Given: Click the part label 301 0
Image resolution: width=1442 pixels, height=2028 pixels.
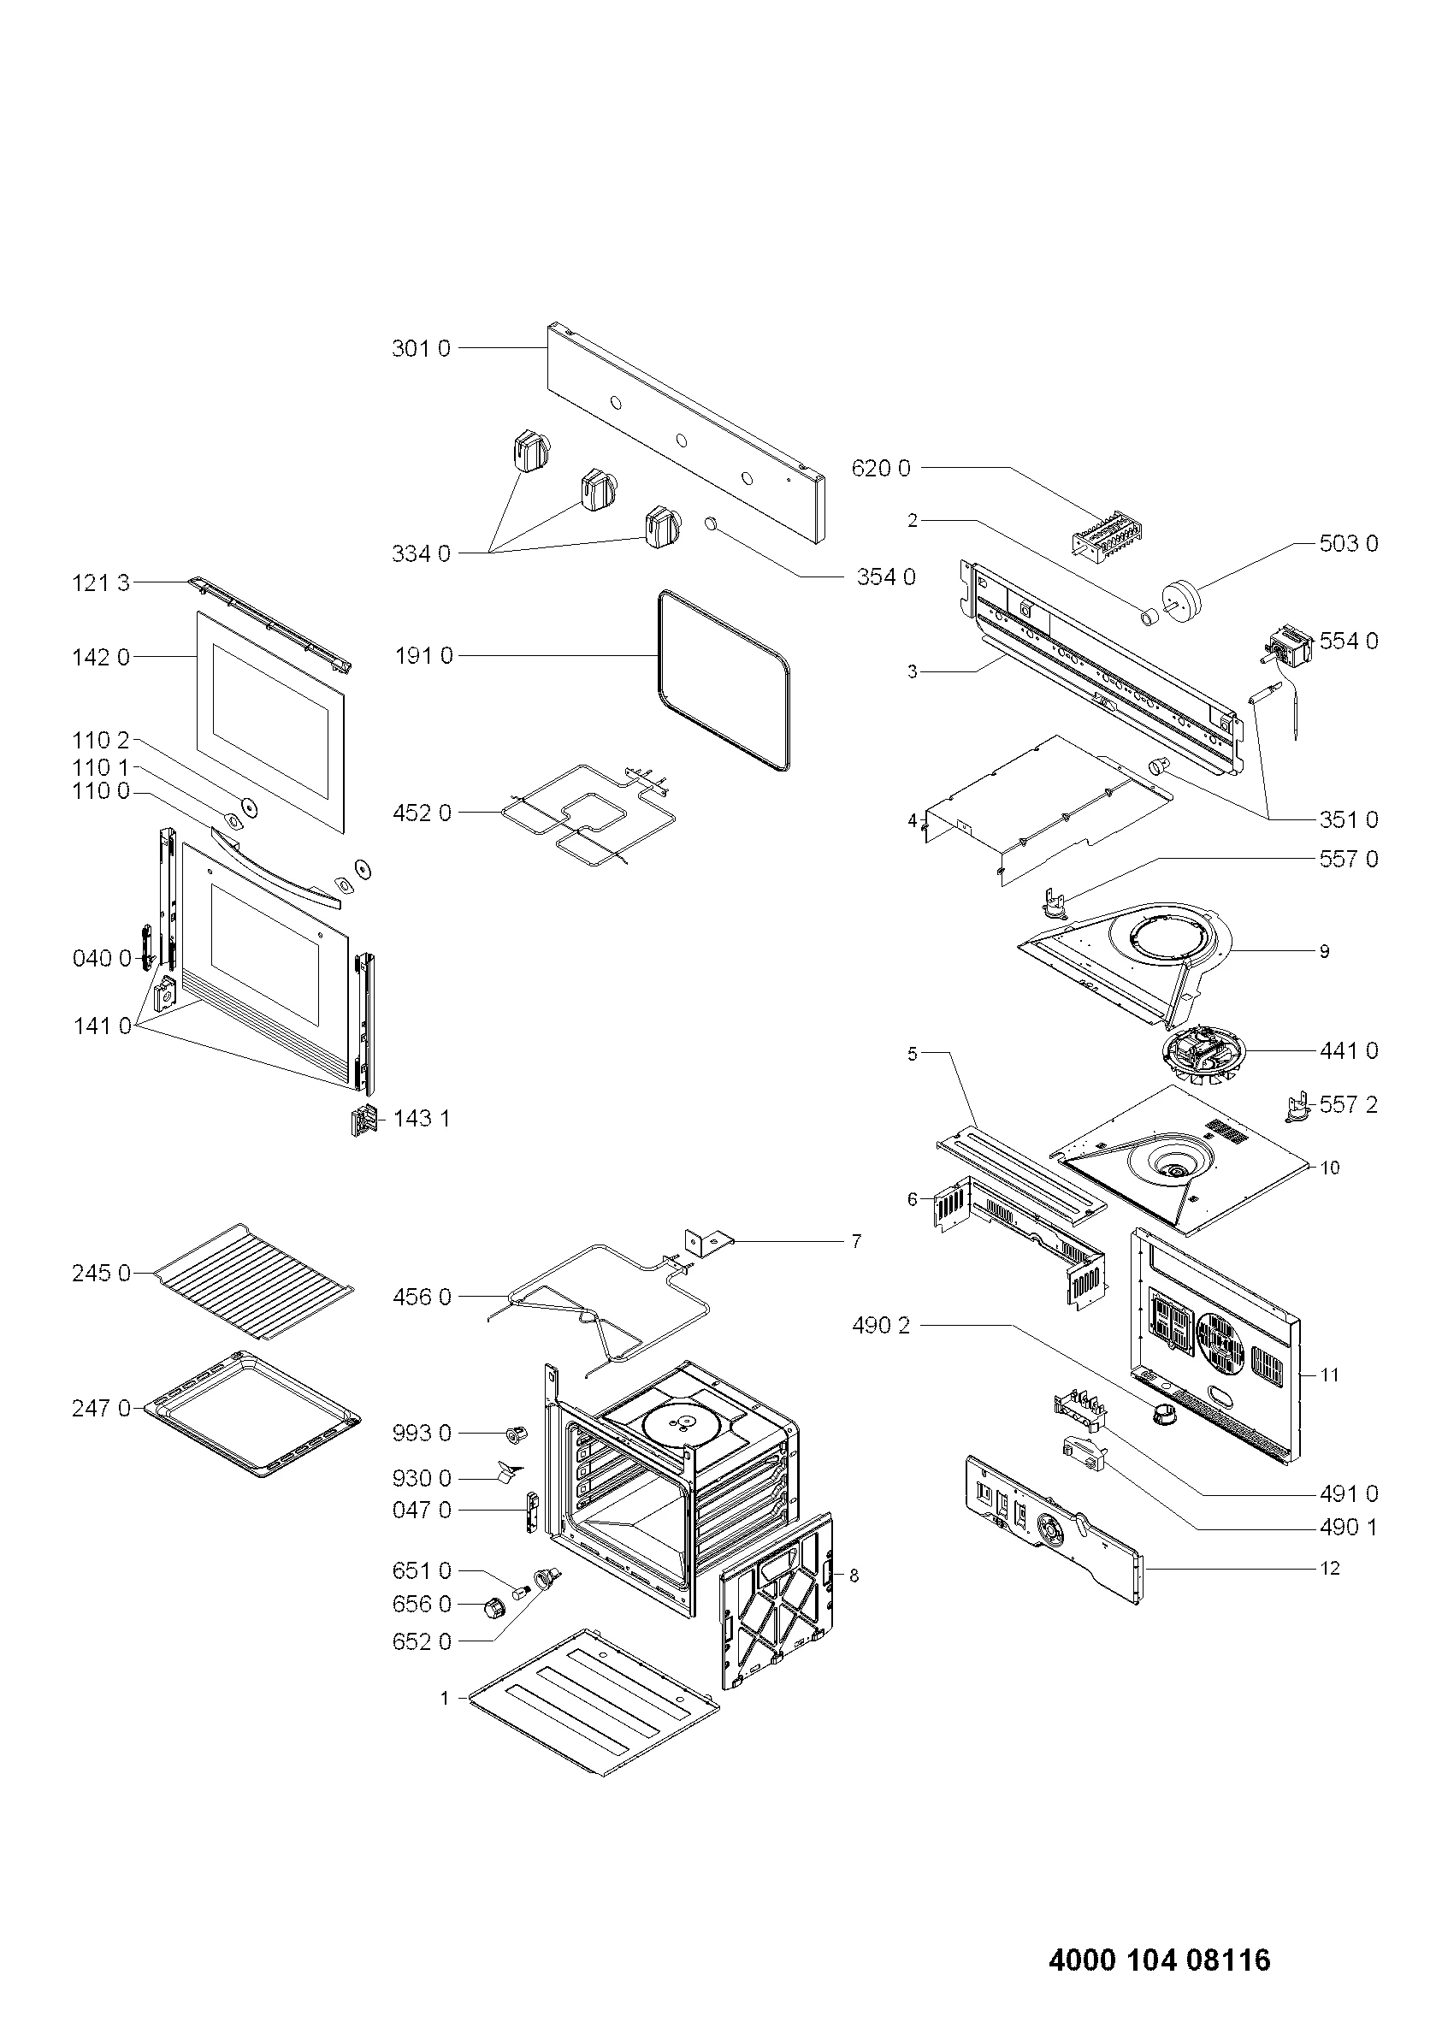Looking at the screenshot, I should [421, 348].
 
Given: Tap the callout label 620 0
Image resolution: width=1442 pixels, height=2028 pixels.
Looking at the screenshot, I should [881, 468].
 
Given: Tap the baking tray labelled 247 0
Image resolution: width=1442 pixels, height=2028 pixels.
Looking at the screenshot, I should [253, 1417].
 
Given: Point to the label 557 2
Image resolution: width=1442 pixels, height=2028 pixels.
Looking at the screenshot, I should [1349, 1104].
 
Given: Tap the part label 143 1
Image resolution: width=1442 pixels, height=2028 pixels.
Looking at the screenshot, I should [421, 1118].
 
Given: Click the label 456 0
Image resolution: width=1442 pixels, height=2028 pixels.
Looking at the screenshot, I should [422, 1298].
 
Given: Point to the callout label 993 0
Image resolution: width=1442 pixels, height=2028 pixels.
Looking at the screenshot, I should [422, 1433].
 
